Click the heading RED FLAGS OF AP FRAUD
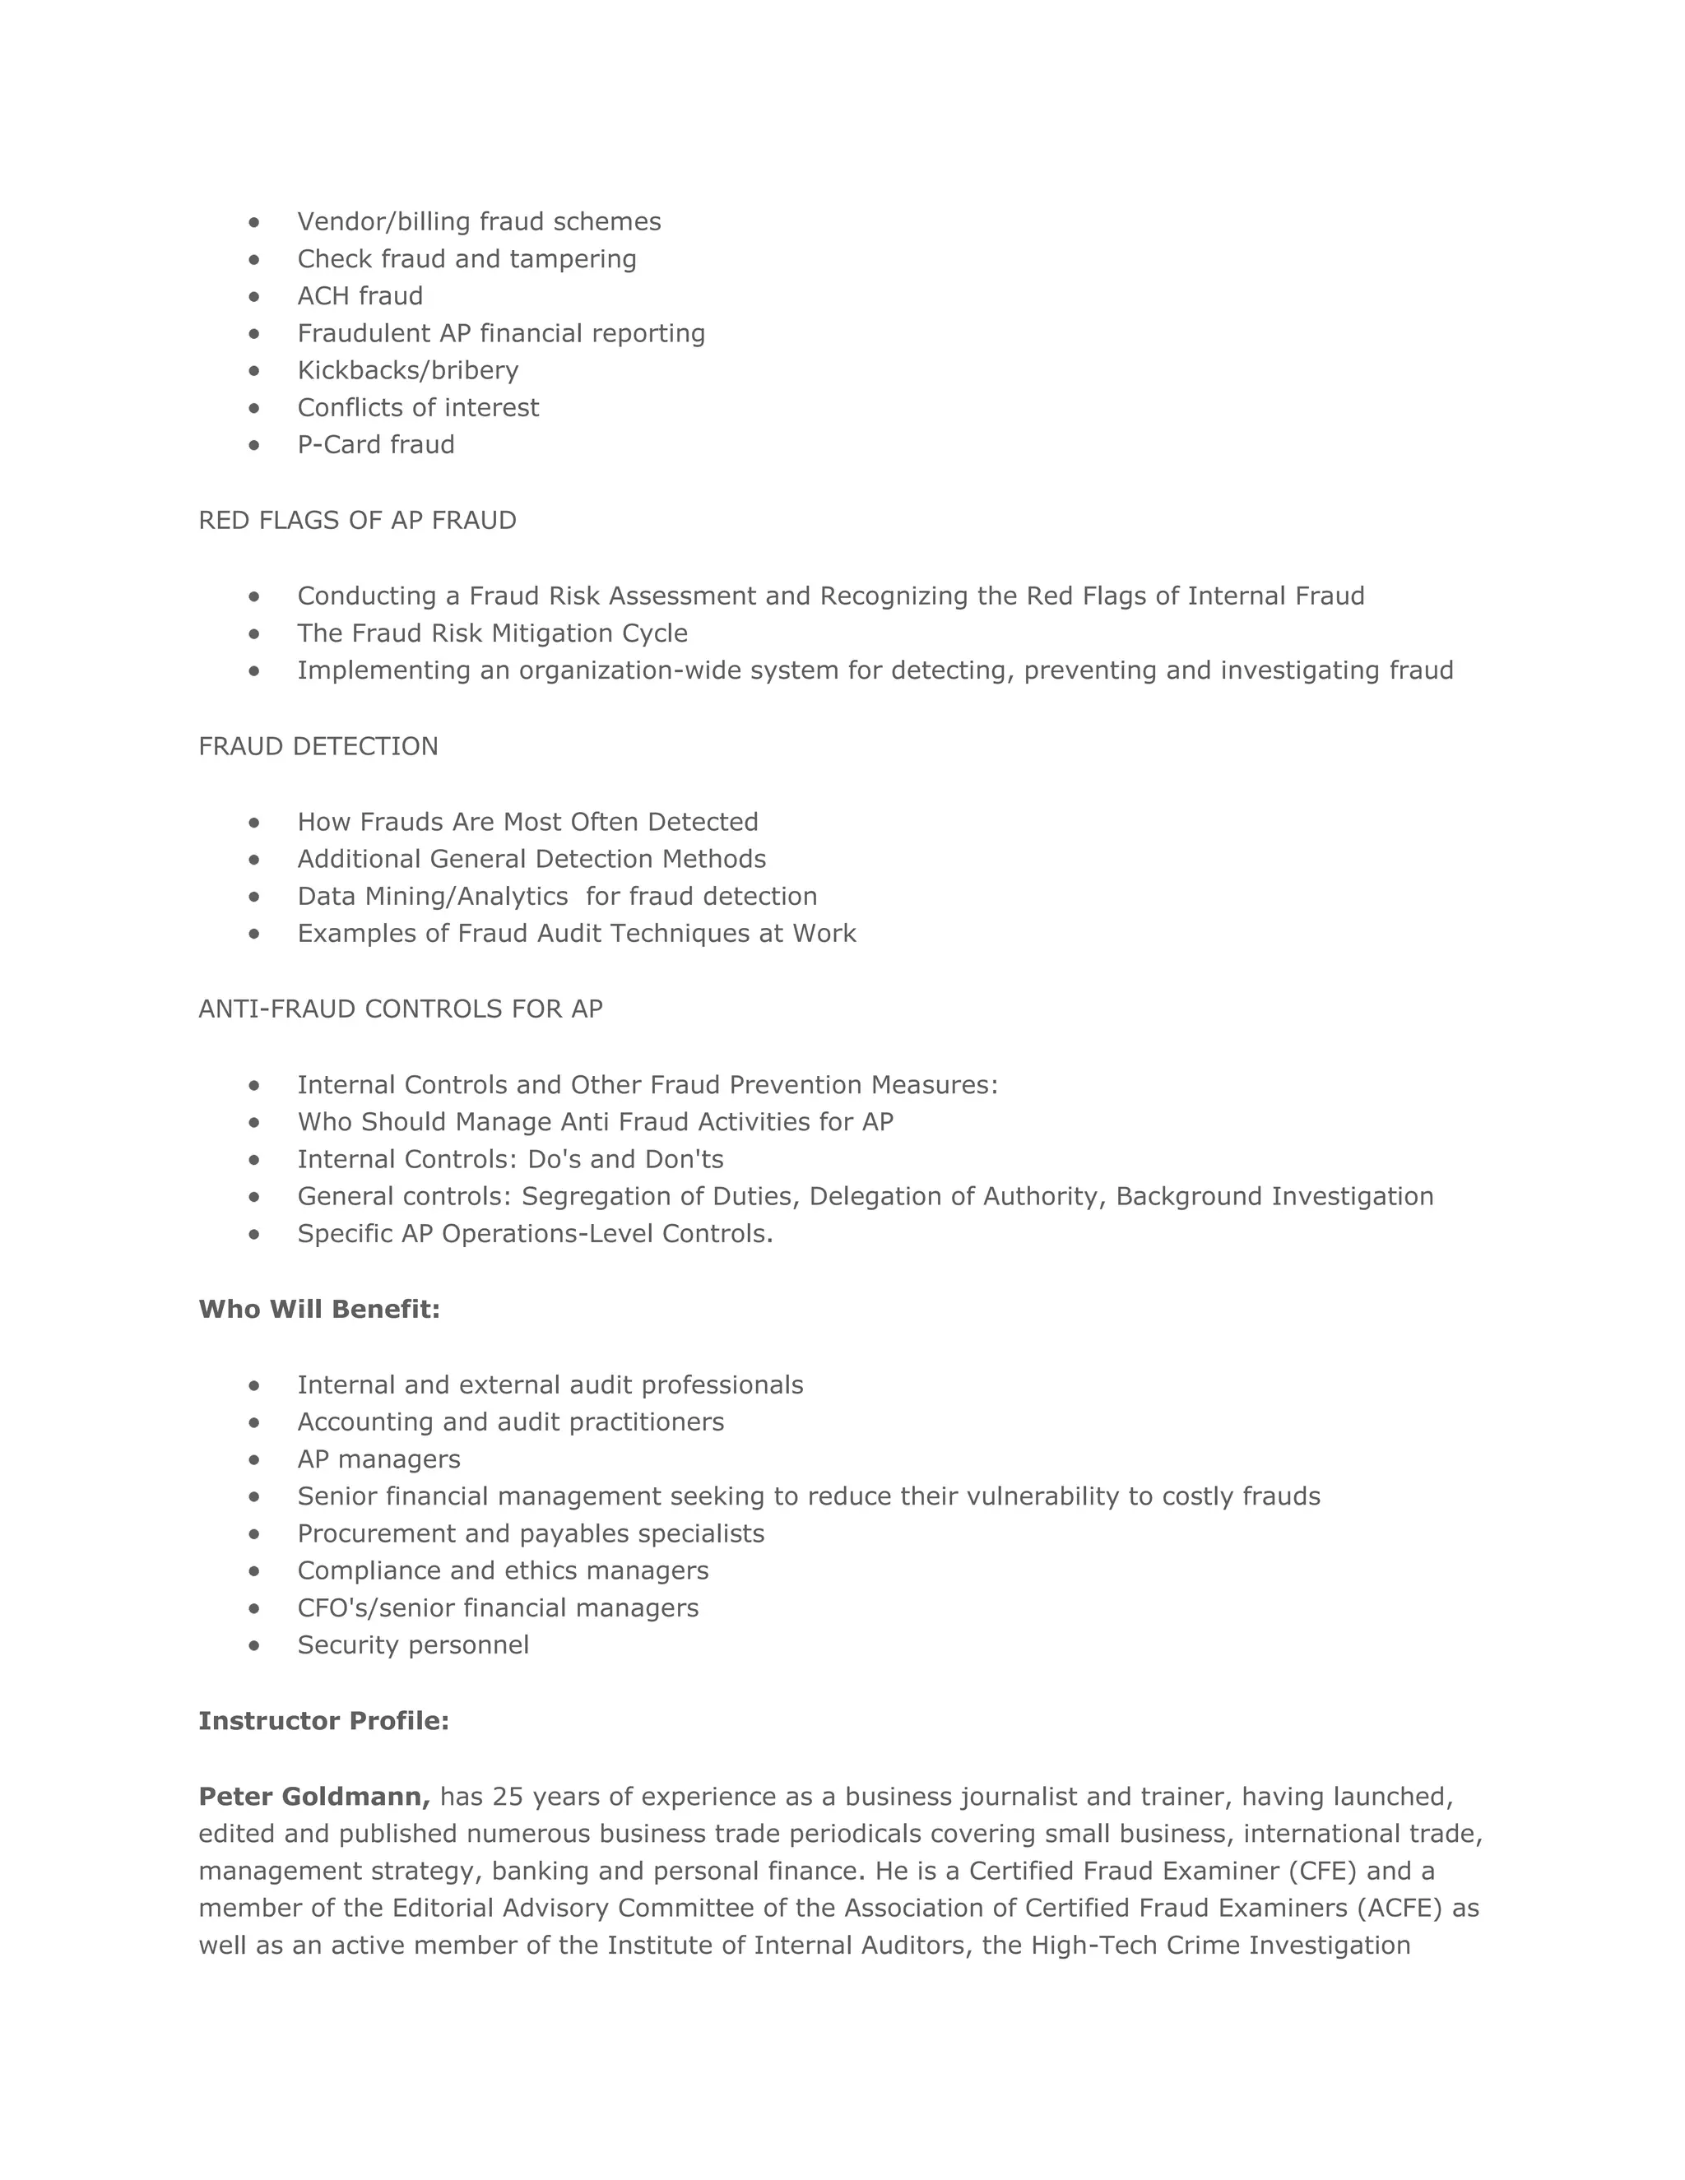click(357, 520)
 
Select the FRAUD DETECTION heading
click(318, 747)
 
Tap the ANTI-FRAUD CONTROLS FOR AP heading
click(401, 1009)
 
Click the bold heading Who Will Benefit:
click(319, 1309)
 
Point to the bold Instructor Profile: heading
click(323, 1721)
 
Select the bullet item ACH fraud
click(360, 296)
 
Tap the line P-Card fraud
click(375, 445)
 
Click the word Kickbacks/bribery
click(407, 370)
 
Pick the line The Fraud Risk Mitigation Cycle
click(492, 633)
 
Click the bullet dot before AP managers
click(254, 1459)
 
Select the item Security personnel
click(412, 1645)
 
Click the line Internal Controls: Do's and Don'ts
click(510, 1160)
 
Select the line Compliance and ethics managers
click(502, 1571)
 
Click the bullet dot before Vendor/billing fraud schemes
click(254, 221)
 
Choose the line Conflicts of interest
click(417, 408)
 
